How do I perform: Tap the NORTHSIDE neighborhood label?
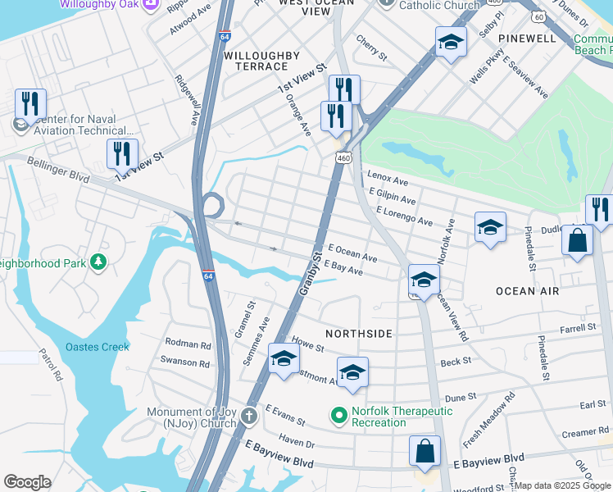point(359,334)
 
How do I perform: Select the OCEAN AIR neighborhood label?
point(527,291)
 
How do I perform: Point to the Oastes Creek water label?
point(98,347)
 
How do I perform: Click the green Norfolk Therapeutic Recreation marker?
point(336,417)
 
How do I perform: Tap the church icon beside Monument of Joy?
point(249,417)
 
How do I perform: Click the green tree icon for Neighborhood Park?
point(98,262)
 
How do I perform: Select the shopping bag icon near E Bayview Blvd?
point(425,452)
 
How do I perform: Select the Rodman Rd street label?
point(188,344)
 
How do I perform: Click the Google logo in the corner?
point(27,482)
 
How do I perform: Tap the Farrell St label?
point(578,328)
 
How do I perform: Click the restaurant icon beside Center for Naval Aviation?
point(30,104)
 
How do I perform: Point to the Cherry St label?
point(371,46)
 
